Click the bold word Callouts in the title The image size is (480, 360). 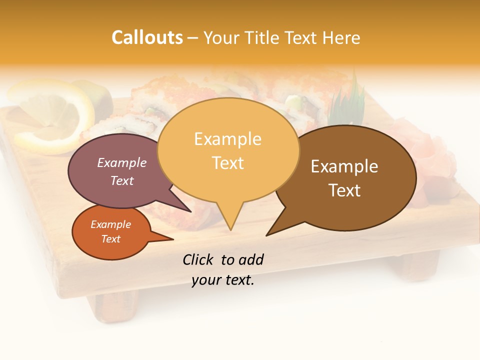point(147,37)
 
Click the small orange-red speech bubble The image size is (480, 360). point(111,232)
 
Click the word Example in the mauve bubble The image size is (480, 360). point(121,162)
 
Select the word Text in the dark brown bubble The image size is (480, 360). point(344,190)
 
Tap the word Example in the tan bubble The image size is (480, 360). point(227,139)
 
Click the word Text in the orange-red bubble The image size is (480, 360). point(110,239)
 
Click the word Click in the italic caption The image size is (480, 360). point(198,259)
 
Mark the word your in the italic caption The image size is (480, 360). point(206,280)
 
